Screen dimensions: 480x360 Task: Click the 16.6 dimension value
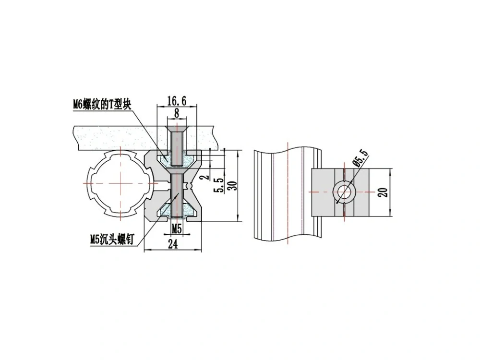(x=177, y=101)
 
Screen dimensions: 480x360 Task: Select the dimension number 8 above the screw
(x=177, y=113)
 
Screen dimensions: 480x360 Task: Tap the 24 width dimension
(x=173, y=244)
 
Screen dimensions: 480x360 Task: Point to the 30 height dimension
(x=233, y=185)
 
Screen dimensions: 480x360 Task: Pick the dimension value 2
(x=206, y=177)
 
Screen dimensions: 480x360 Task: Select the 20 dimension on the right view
(x=383, y=192)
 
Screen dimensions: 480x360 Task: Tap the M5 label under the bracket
(x=177, y=228)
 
